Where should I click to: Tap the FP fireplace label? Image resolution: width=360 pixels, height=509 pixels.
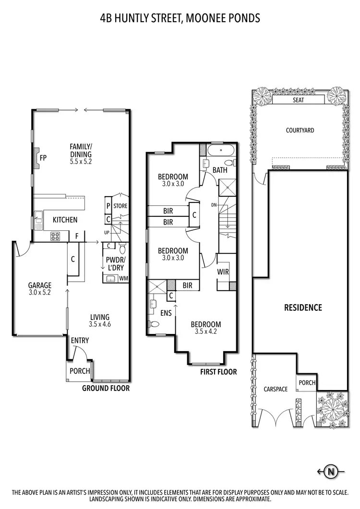pos(43,158)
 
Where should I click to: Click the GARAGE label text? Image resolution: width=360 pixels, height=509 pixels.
pos(39,285)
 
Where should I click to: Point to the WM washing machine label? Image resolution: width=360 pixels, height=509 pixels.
pos(123,278)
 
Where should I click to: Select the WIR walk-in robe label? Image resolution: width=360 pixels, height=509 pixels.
pos(223,272)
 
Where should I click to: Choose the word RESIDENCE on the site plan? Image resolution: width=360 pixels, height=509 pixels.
pos(302,308)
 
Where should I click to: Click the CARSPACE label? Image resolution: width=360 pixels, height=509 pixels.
pos(276,389)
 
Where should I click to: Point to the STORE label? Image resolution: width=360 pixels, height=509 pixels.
pos(120,206)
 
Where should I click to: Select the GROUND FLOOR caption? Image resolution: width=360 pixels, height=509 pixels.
pos(106,388)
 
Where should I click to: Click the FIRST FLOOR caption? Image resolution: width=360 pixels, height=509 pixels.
pos(218,372)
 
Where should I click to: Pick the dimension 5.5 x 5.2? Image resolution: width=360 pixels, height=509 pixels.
pos(81,162)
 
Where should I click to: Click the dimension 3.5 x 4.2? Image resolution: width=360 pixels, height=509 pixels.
pos(206,331)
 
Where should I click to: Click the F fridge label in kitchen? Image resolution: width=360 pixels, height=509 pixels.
pos(76,236)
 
